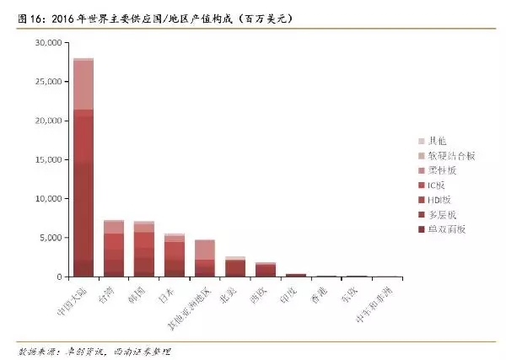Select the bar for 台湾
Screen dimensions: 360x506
(114, 248)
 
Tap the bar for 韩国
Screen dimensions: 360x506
(144, 249)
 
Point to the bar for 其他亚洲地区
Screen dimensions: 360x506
(205, 258)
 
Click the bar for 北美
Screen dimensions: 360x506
(235, 266)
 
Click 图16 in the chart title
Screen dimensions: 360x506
(22, 18)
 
